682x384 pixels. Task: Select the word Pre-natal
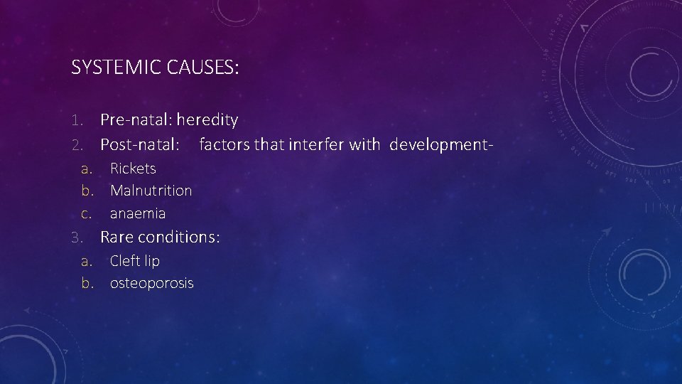[136, 120]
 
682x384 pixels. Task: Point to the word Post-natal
[139, 145]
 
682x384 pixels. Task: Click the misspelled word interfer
[317, 145]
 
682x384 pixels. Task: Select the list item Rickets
[133, 169]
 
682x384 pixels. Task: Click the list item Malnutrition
[151, 191]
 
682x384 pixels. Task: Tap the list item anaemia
[138, 213]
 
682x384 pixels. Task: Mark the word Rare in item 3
[118, 237]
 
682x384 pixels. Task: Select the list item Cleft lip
[135, 261]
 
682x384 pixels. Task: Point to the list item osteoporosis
[151, 283]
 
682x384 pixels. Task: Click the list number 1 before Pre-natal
[77, 120]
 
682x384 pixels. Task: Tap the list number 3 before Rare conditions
[77, 237]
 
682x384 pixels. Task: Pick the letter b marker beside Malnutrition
[87, 191]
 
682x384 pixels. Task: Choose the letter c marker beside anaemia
[87, 213]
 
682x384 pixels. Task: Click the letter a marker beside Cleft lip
[87, 261]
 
